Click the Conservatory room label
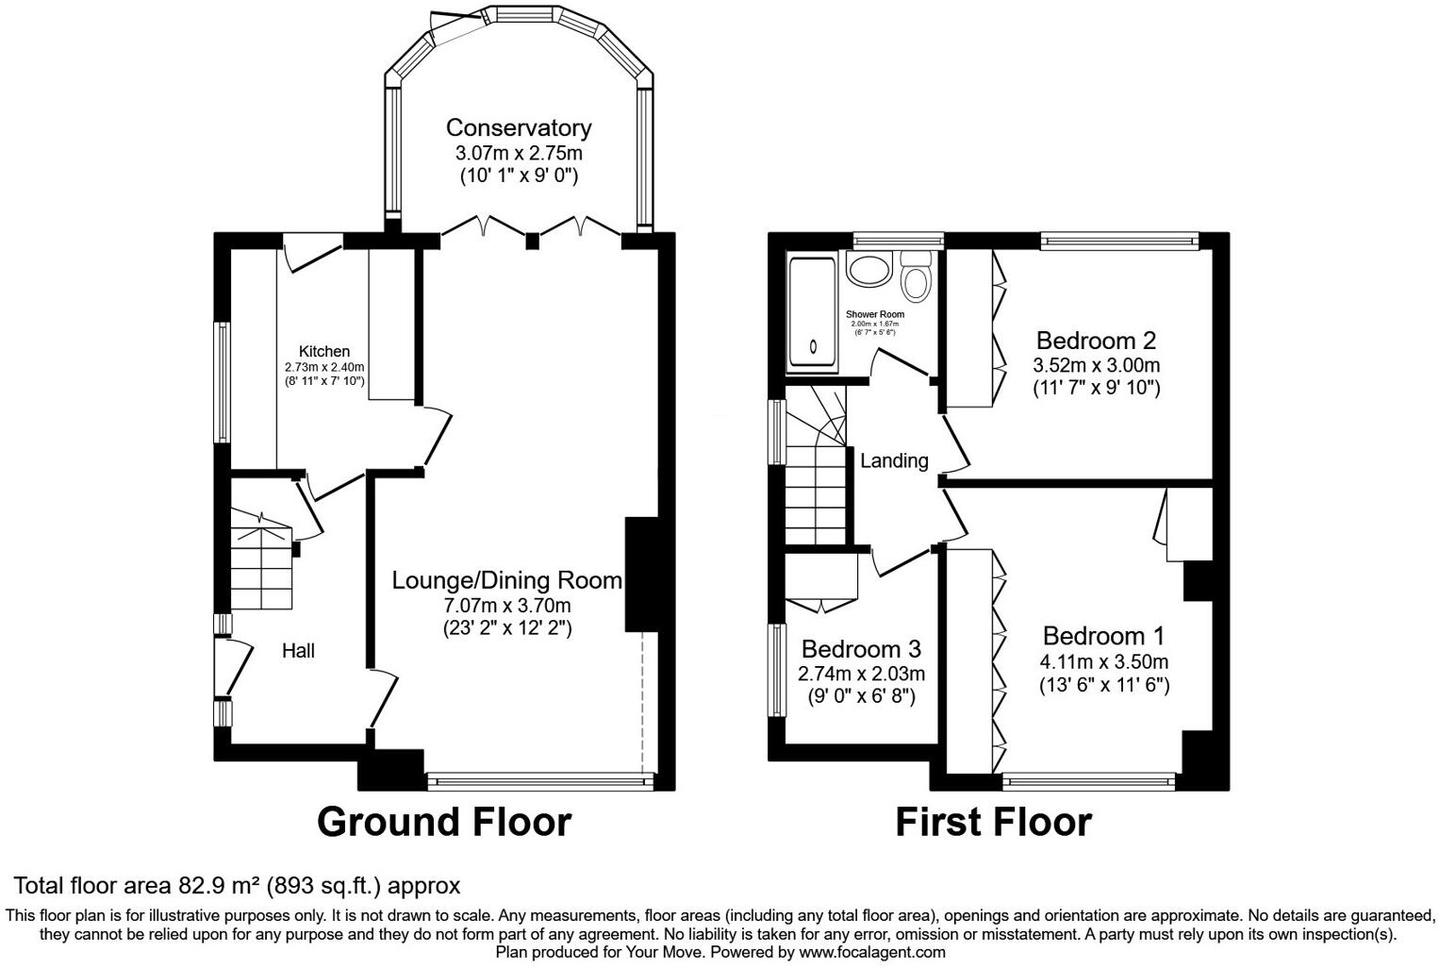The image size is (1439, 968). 518,127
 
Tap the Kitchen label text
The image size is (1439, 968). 324,352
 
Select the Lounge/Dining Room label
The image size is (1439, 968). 507,579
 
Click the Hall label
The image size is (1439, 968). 298,651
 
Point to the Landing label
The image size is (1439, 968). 894,460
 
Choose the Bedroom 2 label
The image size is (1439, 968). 1096,341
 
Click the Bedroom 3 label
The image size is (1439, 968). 861,649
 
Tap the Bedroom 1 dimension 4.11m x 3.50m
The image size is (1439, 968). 1104,661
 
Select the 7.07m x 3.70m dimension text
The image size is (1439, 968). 507,605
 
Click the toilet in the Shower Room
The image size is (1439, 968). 916,275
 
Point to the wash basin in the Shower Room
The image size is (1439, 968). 866,270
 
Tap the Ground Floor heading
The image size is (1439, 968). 444,822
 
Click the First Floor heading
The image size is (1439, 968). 993,822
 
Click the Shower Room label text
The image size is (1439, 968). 874,314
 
